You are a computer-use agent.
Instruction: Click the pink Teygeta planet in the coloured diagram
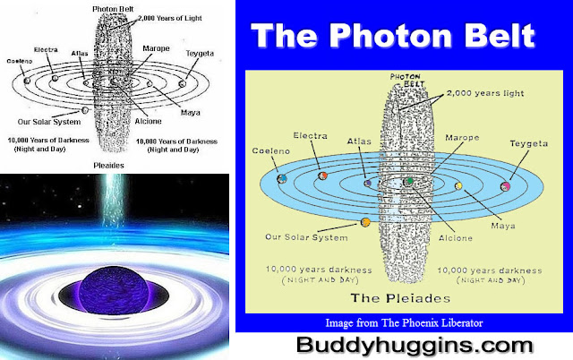[x=506, y=186]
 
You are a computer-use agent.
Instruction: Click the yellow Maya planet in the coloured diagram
[x=458, y=186]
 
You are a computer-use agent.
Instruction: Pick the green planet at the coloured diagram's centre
[x=409, y=181]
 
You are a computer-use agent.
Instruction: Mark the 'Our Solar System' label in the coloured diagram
[x=307, y=238]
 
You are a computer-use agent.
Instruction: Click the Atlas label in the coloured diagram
[x=358, y=141]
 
